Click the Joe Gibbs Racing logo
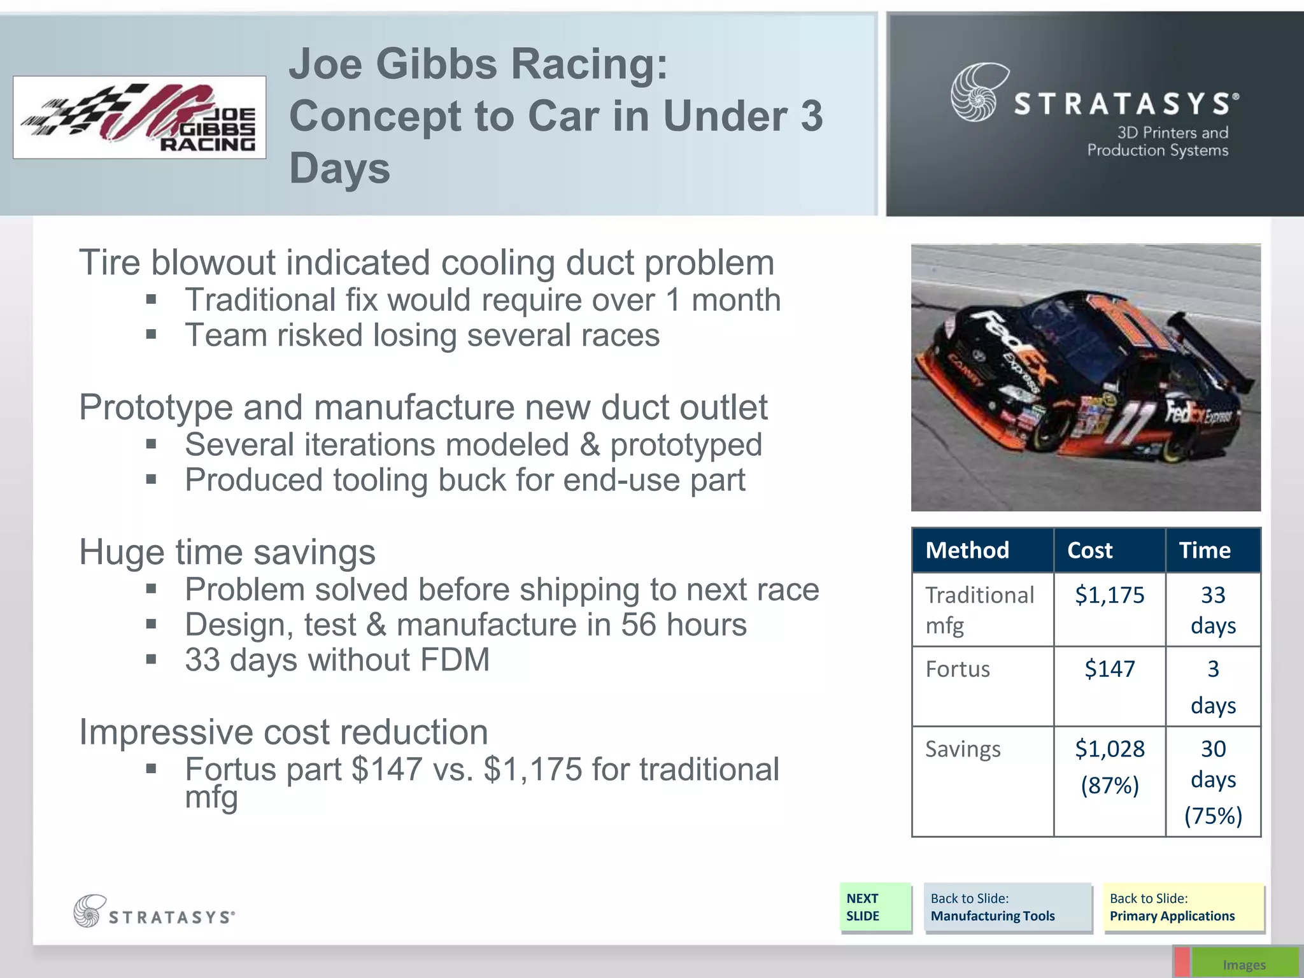[x=139, y=117]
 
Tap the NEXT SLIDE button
[x=875, y=907]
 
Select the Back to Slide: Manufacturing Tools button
[x=1007, y=907]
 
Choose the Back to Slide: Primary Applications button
[x=1183, y=907]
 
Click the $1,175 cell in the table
[x=1109, y=595]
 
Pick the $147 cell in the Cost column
[x=1109, y=669]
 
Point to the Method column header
[x=967, y=550]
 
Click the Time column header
[x=1205, y=550]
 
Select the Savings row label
[x=963, y=749]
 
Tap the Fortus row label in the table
[x=958, y=669]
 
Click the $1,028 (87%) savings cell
[x=1109, y=767]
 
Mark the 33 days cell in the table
[x=1213, y=610]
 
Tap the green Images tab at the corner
[x=1244, y=964]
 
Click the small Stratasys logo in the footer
[x=154, y=911]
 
